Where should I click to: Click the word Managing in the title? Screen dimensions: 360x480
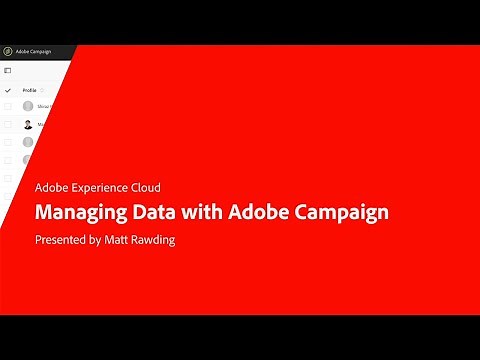pyautogui.click(x=80, y=212)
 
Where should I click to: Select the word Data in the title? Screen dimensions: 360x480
pyautogui.click(x=153, y=212)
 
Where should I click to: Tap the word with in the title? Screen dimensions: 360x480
pyautogui.click(x=201, y=212)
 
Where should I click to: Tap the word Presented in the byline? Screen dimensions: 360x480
pyautogui.click(x=61, y=240)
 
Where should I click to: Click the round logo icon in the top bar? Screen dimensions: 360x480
pyautogui.click(x=8, y=51)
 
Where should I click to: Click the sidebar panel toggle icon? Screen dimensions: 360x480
pyautogui.click(x=8, y=70)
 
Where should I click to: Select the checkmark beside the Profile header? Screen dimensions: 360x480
pyautogui.click(x=8, y=90)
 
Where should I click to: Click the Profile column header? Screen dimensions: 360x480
pyautogui.click(x=29, y=90)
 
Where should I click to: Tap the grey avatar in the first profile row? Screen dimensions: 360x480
pyautogui.click(x=28, y=106)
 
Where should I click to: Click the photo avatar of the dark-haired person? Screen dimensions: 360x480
pyautogui.click(x=28, y=124)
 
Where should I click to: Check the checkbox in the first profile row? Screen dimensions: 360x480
pyautogui.click(x=8, y=106)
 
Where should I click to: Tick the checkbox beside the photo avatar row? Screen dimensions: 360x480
pyautogui.click(x=8, y=124)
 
